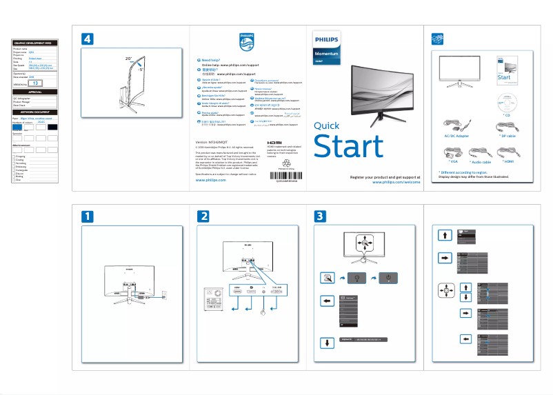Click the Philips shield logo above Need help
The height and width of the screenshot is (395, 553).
click(246, 41)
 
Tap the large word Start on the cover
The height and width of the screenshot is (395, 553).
click(348, 147)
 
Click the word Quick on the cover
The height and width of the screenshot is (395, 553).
click(326, 125)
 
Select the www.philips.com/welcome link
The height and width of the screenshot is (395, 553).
click(396, 183)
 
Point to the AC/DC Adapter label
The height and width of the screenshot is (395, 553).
click(457, 136)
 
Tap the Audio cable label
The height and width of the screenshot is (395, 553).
click(483, 161)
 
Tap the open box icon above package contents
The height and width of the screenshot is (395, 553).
click(435, 39)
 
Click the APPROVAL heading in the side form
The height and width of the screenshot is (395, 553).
click(34, 92)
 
